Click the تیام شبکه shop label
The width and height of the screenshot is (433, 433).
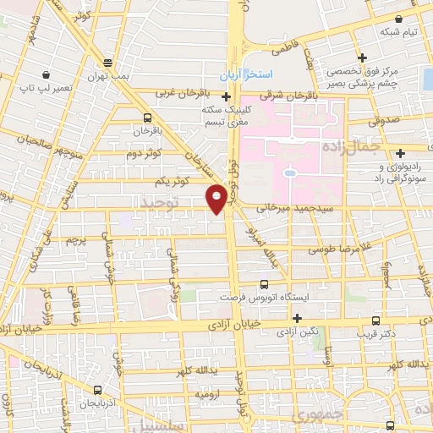pos(398,32)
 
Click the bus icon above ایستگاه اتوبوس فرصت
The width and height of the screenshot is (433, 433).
pos(263,284)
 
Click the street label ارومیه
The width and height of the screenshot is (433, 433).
pos(208,395)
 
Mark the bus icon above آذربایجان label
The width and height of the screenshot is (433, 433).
pos(97,391)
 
